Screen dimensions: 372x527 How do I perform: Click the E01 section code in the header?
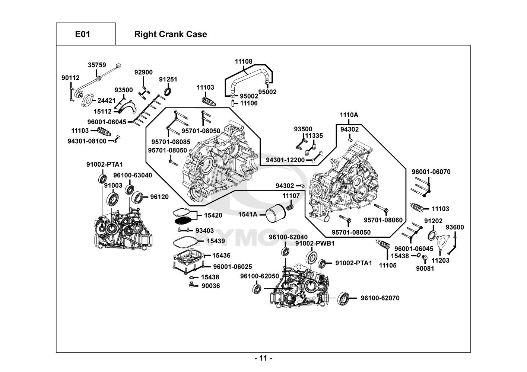point(83,34)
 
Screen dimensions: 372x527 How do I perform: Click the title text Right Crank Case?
point(170,34)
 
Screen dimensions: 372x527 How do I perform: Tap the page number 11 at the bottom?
point(263,359)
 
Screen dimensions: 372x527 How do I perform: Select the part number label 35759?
point(97,65)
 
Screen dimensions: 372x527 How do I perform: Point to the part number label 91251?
point(168,79)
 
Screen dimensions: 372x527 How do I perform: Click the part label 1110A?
point(349,115)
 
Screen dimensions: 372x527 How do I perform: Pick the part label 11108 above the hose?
point(243,61)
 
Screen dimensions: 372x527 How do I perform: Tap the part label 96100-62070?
point(380,298)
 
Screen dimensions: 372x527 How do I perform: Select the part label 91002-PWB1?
point(315,243)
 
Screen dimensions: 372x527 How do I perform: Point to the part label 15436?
point(221,256)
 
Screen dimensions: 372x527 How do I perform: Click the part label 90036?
point(211,286)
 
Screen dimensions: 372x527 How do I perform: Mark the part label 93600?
point(455,227)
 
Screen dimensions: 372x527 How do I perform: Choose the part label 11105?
point(388,266)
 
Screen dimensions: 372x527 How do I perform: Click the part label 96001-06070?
point(431,172)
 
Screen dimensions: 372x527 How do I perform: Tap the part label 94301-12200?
point(285,160)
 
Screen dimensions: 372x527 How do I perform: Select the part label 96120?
point(159,197)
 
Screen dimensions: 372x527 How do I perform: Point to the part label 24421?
point(107,100)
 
